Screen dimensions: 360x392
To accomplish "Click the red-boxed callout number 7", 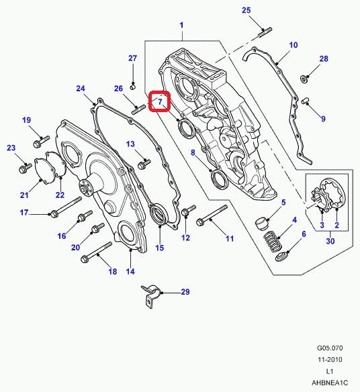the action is tap(160, 102).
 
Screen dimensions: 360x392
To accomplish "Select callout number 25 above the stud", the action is tap(246, 10).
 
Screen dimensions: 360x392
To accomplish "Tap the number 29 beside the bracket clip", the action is tap(185, 292).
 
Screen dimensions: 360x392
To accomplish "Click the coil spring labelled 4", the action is tap(273, 242).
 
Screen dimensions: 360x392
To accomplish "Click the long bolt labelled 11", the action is tap(212, 215).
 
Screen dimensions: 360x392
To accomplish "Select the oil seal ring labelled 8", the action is tap(220, 179).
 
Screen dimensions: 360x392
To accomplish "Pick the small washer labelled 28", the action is tap(304, 79).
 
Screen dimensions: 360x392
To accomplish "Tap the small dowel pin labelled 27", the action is tap(133, 87).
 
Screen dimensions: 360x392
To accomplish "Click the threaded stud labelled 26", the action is tap(138, 110).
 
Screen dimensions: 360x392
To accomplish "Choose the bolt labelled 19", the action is tap(41, 142).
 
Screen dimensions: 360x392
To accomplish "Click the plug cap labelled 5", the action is tap(262, 224).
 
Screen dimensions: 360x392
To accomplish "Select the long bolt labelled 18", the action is tap(96, 252).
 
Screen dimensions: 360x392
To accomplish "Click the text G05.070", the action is tap(330, 348).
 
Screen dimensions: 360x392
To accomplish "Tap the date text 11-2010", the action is tap(330, 360).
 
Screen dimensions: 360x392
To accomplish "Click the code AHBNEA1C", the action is tap(330, 383).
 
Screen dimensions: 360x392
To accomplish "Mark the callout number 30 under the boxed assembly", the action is tap(330, 241).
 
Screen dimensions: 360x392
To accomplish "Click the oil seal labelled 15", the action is tap(158, 215).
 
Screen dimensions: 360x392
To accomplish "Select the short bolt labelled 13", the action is tap(144, 163).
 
